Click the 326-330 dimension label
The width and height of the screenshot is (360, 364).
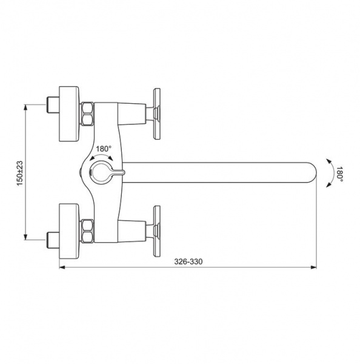click(x=188, y=261)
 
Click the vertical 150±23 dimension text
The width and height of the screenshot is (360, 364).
click(x=20, y=173)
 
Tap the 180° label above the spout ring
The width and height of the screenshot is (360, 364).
click(x=104, y=149)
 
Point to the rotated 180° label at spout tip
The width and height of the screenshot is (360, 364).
click(x=340, y=174)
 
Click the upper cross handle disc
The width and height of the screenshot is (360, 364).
click(x=157, y=114)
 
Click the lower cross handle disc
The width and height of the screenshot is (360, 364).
click(x=157, y=232)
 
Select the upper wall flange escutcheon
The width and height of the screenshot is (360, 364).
click(x=69, y=114)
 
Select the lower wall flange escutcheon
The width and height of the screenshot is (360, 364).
click(x=69, y=232)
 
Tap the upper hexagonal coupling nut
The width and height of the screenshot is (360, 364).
click(x=87, y=114)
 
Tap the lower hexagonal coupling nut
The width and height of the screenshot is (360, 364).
click(x=87, y=231)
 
